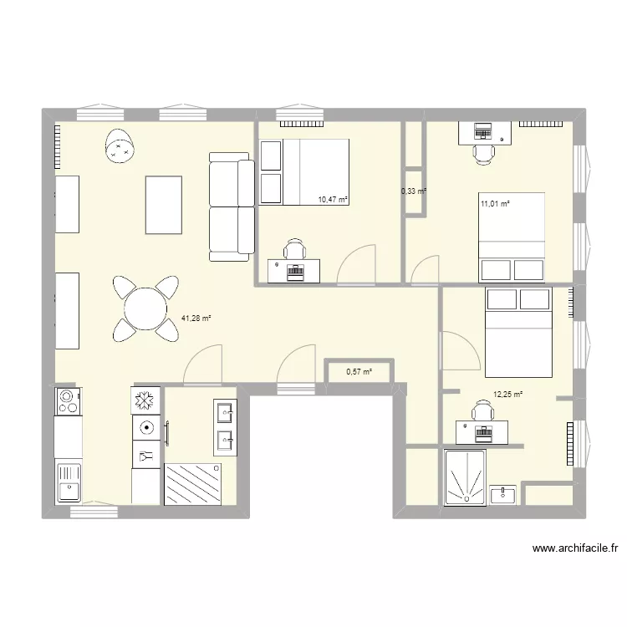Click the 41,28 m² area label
coord(196,318)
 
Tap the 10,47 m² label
coord(333,200)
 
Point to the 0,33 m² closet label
coord(414,191)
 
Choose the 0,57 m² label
coord(358,373)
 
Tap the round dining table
coord(146,309)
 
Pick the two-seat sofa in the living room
coord(232,206)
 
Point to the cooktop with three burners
coord(67,401)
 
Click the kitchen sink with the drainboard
coord(67,482)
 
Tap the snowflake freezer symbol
coord(145,400)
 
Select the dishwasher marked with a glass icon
coord(145,456)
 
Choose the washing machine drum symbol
coord(145,428)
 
